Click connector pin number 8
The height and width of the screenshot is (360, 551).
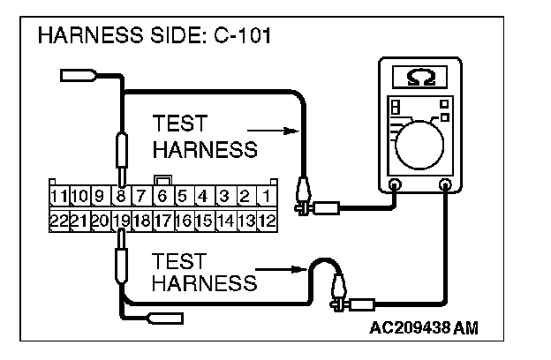119,196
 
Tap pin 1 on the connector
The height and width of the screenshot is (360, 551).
265,196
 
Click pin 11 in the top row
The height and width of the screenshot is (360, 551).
58,196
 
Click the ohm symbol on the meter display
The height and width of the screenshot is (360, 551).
421,78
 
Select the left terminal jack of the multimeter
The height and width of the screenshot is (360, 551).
394,185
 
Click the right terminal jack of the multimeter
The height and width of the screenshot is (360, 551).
446,185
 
